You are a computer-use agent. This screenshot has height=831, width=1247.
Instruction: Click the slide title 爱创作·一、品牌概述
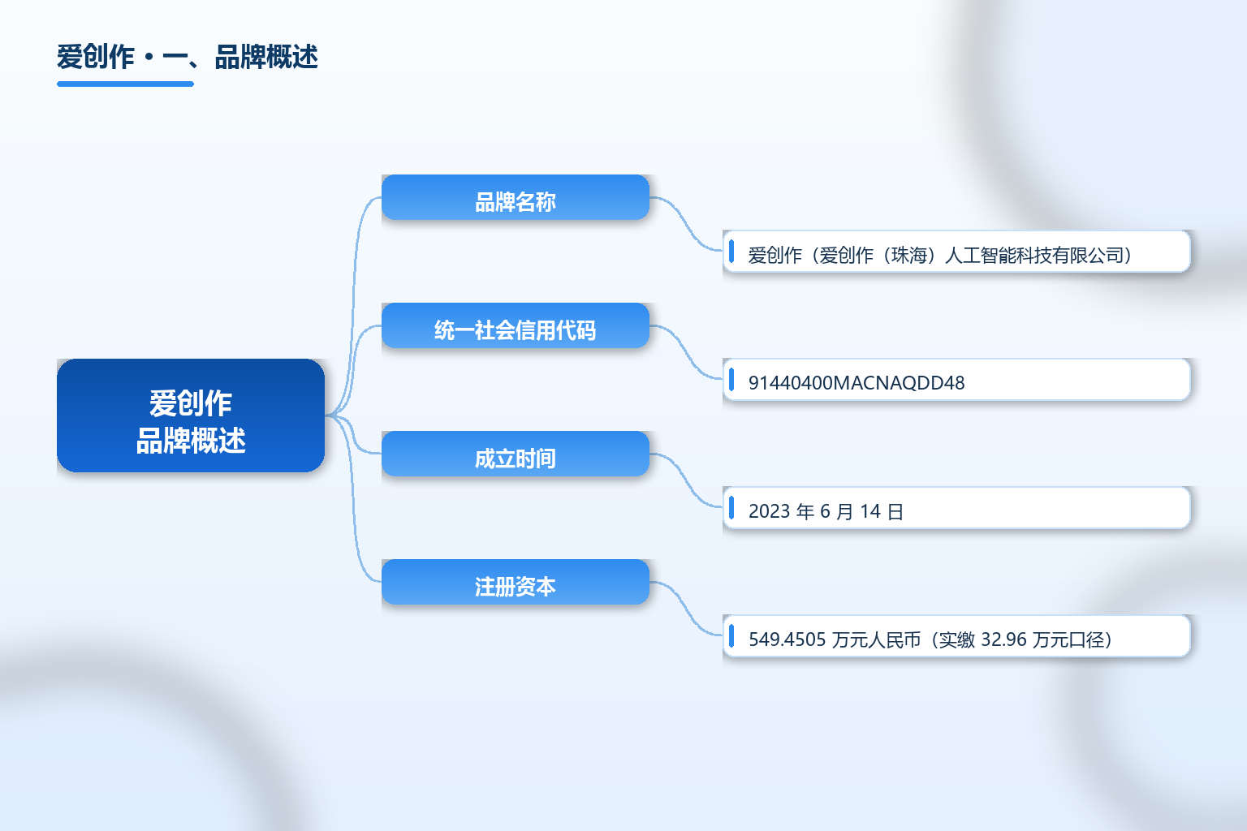(187, 57)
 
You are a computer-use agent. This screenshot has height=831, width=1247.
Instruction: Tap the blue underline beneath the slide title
(125, 84)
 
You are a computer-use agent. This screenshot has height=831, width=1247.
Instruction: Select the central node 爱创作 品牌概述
(191, 415)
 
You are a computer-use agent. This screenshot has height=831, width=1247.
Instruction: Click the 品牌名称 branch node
(516, 197)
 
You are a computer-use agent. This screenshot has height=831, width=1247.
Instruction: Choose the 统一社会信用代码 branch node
(516, 325)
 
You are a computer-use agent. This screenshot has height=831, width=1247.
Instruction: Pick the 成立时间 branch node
(516, 454)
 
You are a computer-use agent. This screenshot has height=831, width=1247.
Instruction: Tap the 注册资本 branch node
(516, 582)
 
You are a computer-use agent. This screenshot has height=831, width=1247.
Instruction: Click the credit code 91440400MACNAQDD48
(857, 383)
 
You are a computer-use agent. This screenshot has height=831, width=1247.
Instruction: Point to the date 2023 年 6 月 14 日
(826, 511)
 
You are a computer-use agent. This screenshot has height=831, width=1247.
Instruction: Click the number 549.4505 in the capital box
(787, 639)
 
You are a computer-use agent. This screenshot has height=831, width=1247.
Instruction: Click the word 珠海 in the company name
(908, 256)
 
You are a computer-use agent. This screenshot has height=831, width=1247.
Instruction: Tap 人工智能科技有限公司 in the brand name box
(1033, 256)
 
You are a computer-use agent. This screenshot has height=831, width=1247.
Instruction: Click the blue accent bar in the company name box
(731, 251)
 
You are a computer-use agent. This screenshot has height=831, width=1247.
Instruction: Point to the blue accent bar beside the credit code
(731, 380)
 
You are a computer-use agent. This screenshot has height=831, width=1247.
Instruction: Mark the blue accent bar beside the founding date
(731, 508)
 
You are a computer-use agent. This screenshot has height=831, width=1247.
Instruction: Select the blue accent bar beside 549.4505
(731, 635)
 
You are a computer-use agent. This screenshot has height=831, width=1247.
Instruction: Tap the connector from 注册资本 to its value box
(686, 609)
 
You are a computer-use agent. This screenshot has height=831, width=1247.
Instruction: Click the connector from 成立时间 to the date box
(686, 480)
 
